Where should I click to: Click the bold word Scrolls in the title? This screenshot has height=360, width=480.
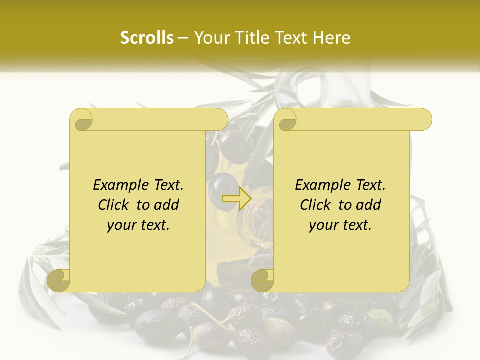pyautogui.click(x=147, y=38)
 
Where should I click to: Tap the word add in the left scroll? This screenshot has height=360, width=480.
pyautogui.click(x=166, y=205)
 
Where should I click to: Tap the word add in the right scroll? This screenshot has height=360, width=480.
pyautogui.click(x=368, y=205)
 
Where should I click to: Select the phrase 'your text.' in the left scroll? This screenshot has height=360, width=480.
pyautogui.click(x=138, y=225)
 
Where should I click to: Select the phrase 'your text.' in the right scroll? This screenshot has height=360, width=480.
pyautogui.click(x=340, y=225)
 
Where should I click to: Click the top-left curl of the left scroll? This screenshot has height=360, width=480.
pyautogui.click(x=81, y=120)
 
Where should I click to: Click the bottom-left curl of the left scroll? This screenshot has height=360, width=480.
pyautogui.click(x=59, y=280)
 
